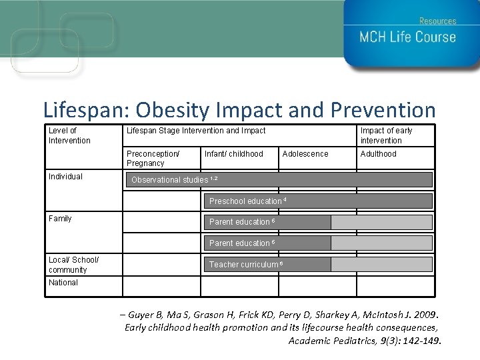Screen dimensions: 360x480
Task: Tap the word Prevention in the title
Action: coord(383,110)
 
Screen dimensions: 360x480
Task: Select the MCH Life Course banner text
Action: coord(407,37)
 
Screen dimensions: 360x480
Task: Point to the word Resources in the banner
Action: coord(437,21)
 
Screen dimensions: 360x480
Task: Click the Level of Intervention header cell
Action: coord(69,135)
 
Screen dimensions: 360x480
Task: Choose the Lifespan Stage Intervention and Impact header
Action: coord(196,131)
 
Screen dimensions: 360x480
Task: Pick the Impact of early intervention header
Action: coord(386,135)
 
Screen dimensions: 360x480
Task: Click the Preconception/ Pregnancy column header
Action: coord(153,159)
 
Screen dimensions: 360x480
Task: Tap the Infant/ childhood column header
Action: coord(233,154)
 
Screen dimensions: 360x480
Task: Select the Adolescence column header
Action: coord(305,154)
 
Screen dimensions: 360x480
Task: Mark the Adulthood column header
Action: coord(378,154)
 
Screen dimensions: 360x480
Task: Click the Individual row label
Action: coord(65,177)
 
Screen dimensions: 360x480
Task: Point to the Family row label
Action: coord(60,219)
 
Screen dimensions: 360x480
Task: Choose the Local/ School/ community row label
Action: coord(73,265)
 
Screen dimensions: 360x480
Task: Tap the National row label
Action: coord(63,283)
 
